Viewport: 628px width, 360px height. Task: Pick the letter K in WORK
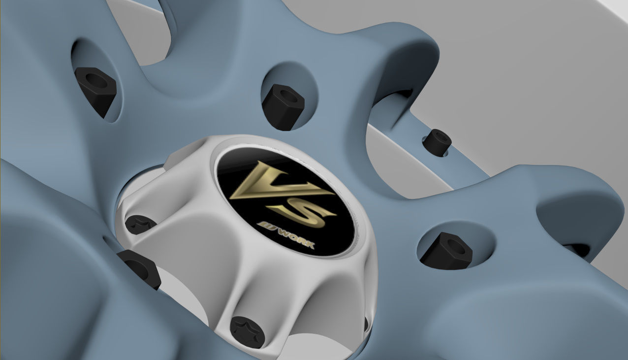coord(309,244)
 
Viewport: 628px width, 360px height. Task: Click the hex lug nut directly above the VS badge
coord(283,106)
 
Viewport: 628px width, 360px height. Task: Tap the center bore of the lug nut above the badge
coord(287,96)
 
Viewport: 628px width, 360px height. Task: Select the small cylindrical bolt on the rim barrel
coord(437,142)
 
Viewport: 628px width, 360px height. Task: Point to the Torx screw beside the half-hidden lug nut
coord(139,224)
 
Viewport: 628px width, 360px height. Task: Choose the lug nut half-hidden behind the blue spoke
coord(140,267)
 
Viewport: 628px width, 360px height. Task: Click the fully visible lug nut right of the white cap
coord(446,251)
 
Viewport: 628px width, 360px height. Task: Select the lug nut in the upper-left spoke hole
coord(95,90)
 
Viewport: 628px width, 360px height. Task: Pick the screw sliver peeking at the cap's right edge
coord(366,324)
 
